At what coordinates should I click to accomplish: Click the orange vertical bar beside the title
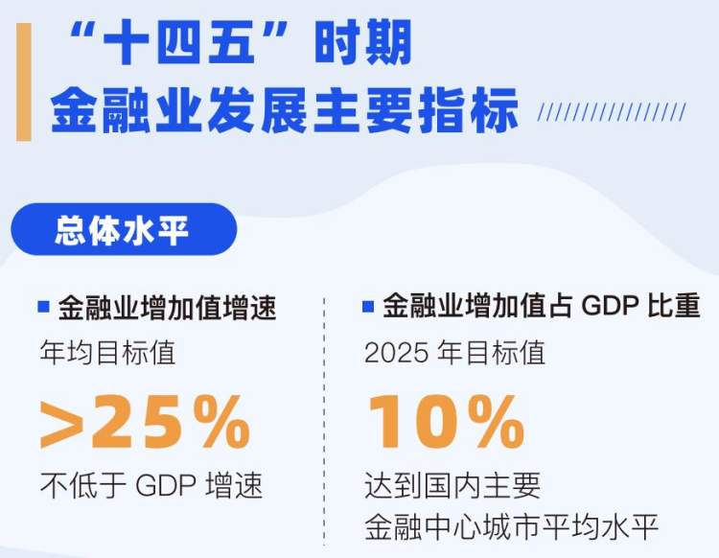(24, 82)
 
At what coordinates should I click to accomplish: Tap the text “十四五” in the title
(179, 44)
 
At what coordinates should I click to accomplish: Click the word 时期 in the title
(363, 44)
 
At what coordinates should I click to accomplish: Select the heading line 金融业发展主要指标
(285, 110)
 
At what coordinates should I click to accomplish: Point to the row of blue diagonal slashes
(612, 112)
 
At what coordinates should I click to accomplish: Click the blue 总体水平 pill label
(124, 229)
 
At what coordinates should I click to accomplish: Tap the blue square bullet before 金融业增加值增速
(43, 306)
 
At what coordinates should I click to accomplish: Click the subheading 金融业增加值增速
(168, 307)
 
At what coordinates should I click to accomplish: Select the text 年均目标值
(107, 353)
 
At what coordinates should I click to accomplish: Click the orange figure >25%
(146, 422)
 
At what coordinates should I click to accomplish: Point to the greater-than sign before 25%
(62, 424)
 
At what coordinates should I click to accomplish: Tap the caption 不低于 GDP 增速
(151, 485)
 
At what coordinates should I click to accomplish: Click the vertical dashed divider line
(324, 421)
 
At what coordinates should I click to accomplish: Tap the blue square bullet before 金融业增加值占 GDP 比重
(368, 306)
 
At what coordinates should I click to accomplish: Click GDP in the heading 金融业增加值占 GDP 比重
(610, 306)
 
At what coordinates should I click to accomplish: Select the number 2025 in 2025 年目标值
(397, 353)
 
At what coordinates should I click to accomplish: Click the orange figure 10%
(446, 422)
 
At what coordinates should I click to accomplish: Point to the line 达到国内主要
(452, 485)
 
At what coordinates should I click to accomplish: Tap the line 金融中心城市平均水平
(511, 527)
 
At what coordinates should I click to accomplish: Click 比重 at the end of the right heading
(674, 306)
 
